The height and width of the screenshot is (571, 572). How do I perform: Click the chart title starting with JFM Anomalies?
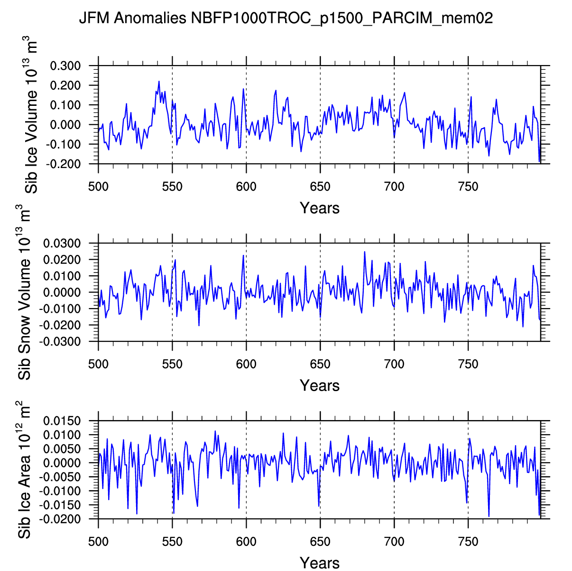pyautogui.click(x=286, y=19)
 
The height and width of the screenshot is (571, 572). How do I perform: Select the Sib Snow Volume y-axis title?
pyautogui.click(x=25, y=292)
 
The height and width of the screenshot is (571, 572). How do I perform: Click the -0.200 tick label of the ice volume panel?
pyautogui.click(x=64, y=164)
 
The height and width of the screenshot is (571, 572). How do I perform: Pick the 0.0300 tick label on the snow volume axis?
pyautogui.click(x=62, y=243)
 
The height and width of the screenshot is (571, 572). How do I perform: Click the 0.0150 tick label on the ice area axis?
pyautogui.click(x=62, y=421)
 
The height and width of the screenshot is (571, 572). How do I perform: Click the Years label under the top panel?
pyautogui.click(x=320, y=208)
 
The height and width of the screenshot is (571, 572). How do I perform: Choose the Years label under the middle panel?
pyautogui.click(x=320, y=385)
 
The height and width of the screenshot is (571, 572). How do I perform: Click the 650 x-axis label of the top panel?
pyautogui.click(x=320, y=187)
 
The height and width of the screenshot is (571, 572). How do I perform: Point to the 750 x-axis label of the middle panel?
pyautogui.click(x=468, y=364)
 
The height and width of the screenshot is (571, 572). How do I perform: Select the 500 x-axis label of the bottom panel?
pyautogui.click(x=98, y=542)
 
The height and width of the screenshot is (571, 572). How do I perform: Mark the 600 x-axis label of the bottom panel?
pyautogui.click(x=246, y=542)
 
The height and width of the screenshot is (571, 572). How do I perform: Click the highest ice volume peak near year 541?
pyautogui.click(x=159, y=81)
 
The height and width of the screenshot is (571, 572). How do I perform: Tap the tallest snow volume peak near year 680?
pyautogui.click(x=365, y=252)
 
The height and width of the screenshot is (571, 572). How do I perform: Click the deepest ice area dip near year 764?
pyautogui.click(x=489, y=516)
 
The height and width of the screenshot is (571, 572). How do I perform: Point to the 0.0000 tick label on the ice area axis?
pyautogui.click(x=62, y=463)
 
